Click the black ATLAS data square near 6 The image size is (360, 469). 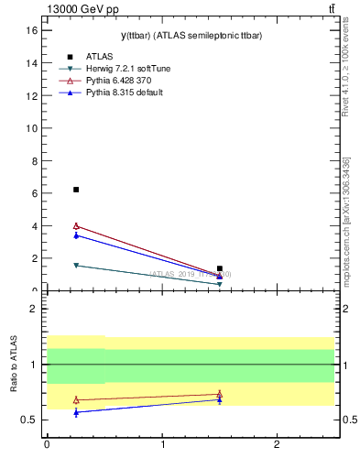click(x=76, y=190)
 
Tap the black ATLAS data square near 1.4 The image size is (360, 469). click(x=220, y=268)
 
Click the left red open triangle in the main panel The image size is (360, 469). click(x=76, y=225)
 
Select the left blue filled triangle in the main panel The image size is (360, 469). click(x=76, y=235)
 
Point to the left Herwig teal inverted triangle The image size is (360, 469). click(x=76, y=266)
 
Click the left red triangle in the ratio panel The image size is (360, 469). click(x=76, y=399)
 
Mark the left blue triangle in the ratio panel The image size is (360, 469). click(x=76, y=412)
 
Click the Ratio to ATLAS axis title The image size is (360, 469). click(x=15, y=365)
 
